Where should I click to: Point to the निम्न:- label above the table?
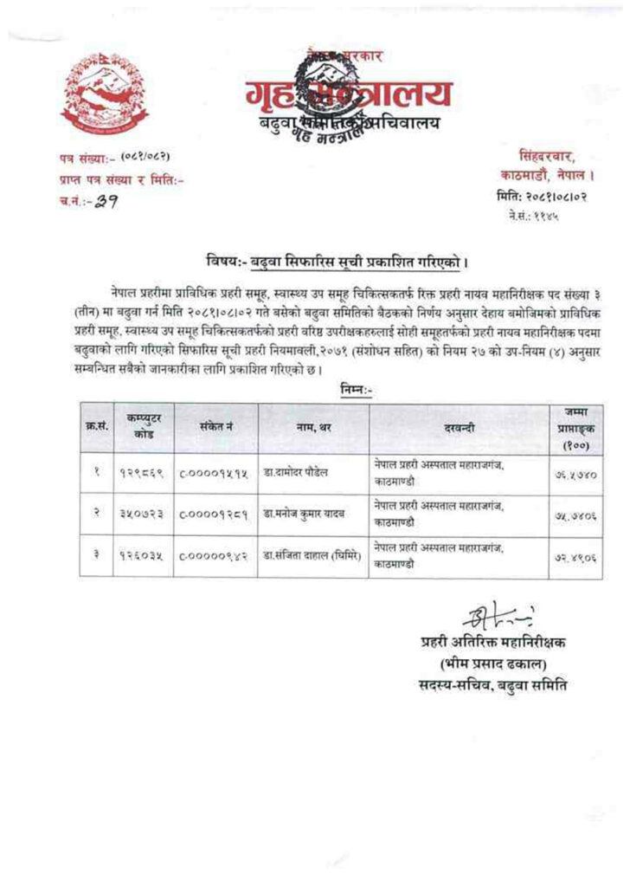coord(337,391)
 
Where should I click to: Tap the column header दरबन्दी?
coord(458,428)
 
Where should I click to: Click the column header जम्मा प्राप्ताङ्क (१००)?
coord(571,428)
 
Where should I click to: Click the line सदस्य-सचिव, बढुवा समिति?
coord(491,686)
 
